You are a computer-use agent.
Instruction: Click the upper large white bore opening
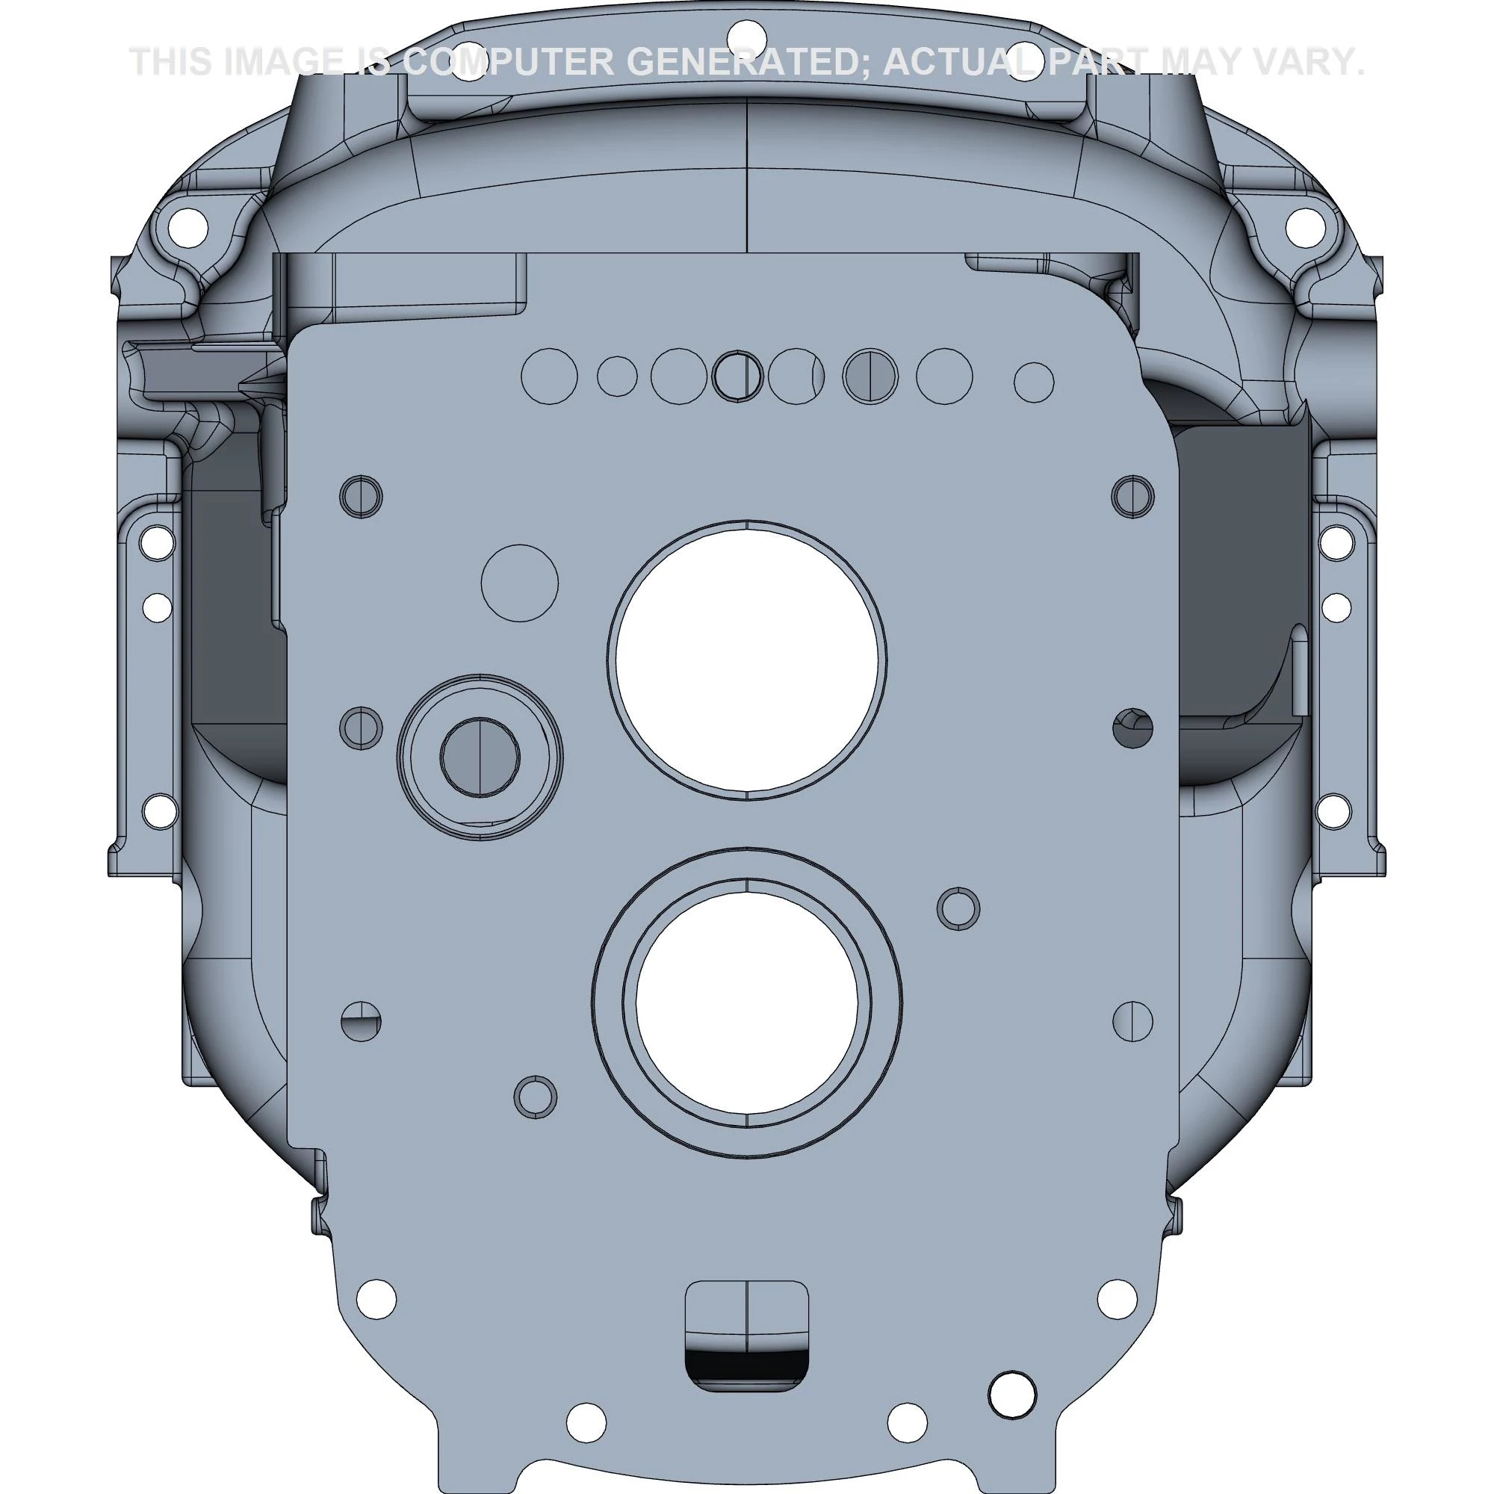747,658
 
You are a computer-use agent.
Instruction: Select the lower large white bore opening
747,1003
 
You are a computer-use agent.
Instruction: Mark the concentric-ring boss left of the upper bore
480,756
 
